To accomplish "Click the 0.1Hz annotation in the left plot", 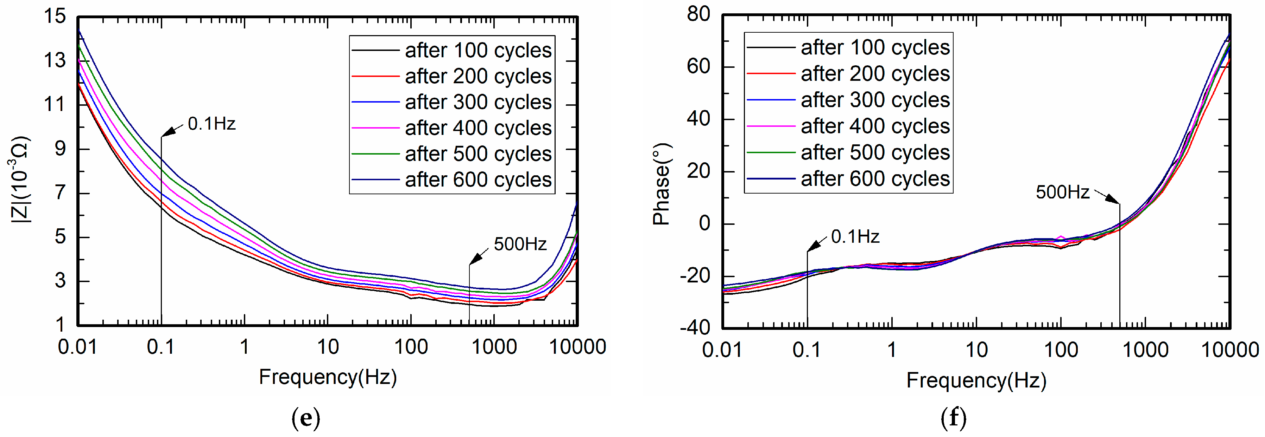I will click(211, 124).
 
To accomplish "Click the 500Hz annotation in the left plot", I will click(520, 244).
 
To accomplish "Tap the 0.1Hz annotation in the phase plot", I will click(855, 237).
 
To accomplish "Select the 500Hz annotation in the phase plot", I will click(1062, 192).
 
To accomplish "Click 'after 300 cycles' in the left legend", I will click(478, 102).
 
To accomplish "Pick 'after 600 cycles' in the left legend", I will click(478, 180).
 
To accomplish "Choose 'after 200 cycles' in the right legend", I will click(875, 73).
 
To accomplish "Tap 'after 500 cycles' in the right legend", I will click(875, 152).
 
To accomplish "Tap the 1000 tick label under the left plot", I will click(494, 347).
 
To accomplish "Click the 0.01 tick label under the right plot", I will click(721, 350).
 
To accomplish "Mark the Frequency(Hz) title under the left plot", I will click(328, 377).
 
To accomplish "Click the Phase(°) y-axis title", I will click(662, 184).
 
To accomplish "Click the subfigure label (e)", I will click(305, 418).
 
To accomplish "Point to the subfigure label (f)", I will click(953, 418).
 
